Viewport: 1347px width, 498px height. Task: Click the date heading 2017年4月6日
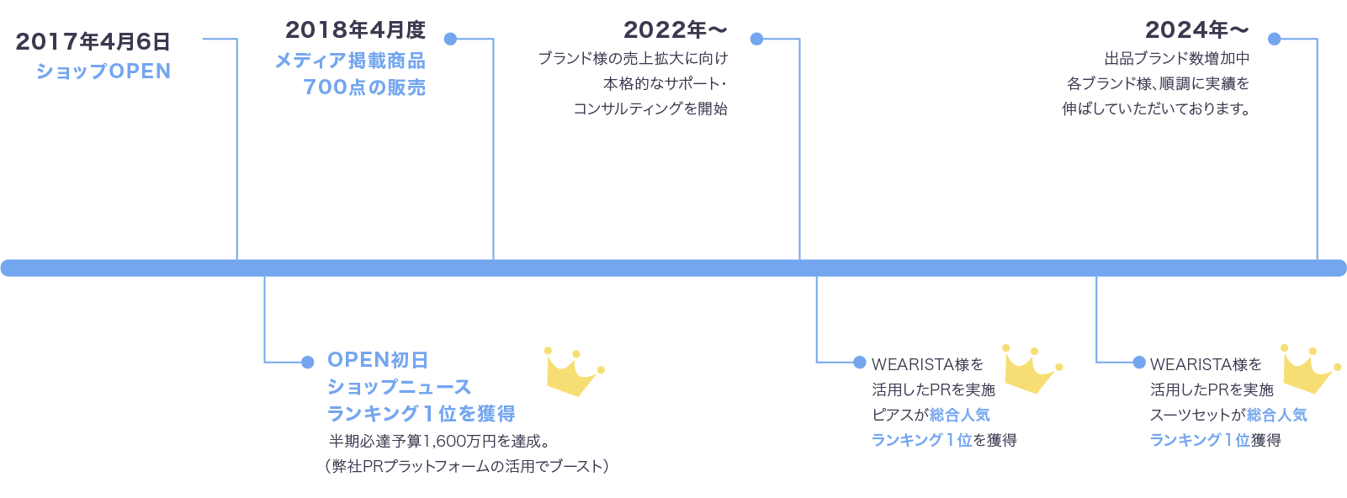(93, 41)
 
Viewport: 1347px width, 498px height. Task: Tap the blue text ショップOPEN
(103, 72)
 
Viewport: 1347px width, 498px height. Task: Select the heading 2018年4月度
(355, 30)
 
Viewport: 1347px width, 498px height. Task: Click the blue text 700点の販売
(364, 87)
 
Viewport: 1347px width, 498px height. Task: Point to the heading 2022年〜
(675, 30)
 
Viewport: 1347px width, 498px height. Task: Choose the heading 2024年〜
(1196, 30)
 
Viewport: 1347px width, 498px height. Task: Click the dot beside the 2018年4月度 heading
(450, 39)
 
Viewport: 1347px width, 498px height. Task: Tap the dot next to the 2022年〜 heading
(756, 39)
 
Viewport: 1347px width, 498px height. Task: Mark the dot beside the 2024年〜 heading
(1274, 39)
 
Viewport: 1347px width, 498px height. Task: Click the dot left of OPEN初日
(307, 362)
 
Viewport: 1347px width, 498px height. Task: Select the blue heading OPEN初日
(378, 360)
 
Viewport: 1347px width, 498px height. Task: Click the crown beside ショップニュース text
(574, 372)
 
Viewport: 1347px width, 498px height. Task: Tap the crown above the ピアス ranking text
(1031, 368)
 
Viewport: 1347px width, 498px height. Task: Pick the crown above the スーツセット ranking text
(1309, 368)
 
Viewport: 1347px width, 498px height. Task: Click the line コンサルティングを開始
(650, 109)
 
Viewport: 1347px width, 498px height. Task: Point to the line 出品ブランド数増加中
(1176, 59)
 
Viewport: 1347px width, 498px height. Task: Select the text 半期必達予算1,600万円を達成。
(438, 441)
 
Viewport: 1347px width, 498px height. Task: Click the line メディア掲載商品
(350, 61)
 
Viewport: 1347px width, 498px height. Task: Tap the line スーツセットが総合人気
(1228, 415)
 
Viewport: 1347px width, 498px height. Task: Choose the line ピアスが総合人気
(931, 415)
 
